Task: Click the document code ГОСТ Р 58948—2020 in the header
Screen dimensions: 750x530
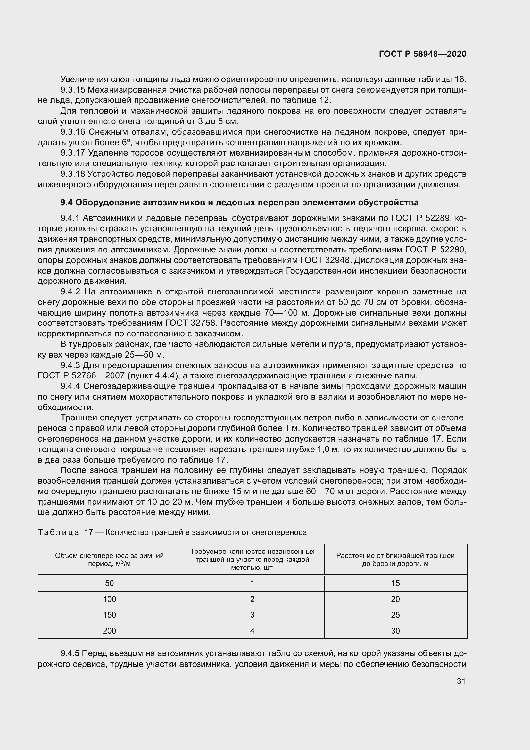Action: pyautogui.click(x=423, y=54)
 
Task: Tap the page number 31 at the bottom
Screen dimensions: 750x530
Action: pyautogui.click(x=461, y=681)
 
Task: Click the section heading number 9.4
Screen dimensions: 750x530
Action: pyautogui.click(x=67, y=203)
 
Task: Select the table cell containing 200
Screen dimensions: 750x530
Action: pyautogui.click(x=109, y=631)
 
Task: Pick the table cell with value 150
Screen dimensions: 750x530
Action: pyautogui.click(x=109, y=615)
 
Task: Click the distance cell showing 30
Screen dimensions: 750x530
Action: pyautogui.click(x=395, y=631)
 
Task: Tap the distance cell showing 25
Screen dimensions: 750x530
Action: pyautogui.click(x=395, y=615)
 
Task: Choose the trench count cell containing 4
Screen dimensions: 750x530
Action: pyautogui.click(x=252, y=631)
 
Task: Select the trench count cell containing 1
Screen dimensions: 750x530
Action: pyautogui.click(x=252, y=583)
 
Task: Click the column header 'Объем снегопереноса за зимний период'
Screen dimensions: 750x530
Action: pyautogui.click(x=109, y=560)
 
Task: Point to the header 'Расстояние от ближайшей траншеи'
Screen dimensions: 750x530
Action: pyautogui.click(x=395, y=556)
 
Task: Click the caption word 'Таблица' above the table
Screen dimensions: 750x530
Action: pyautogui.click(x=58, y=533)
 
